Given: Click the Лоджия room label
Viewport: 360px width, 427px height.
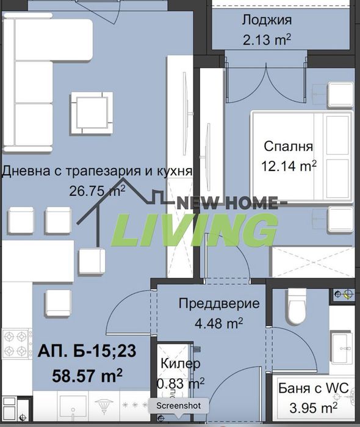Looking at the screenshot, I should tap(266, 20).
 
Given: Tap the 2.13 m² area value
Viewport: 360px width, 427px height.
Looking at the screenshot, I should tap(266, 41).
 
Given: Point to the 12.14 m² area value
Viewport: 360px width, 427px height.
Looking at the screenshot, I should tap(290, 166).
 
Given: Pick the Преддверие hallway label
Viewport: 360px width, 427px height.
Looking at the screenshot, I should tap(219, 304).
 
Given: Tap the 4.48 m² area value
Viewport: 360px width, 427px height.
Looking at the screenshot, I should tap(219, 323).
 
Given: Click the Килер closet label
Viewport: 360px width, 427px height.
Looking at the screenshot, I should tap(181, 364).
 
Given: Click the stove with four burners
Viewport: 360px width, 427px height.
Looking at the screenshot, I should tap(16, 344).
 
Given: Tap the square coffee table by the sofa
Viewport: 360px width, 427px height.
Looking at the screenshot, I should tap(91, 114).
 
